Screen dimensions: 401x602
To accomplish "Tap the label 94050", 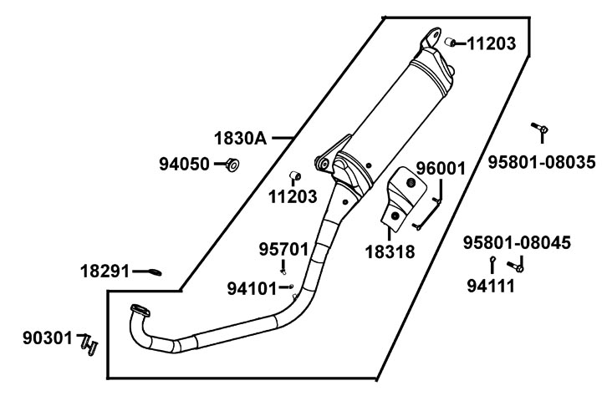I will (185, 165).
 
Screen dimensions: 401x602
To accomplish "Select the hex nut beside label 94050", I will (232, 165).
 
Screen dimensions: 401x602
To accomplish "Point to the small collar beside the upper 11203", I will (449, 42).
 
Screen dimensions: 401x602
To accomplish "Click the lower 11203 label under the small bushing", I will (293, 197).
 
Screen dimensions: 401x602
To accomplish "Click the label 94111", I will (490, 286).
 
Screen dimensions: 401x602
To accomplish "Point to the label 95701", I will (283, 249).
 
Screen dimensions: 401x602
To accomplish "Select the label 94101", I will (252, 288).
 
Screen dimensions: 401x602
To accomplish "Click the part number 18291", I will (105, 271).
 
